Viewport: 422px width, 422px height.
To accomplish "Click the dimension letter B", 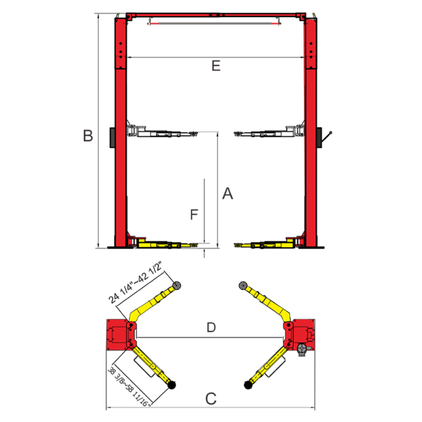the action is [x=88, y=136].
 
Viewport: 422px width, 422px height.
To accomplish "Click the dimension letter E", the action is [x=216, y=66].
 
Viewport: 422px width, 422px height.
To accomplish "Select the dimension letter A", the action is [x=228, y=193].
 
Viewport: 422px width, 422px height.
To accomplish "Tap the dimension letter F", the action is [x=194, y=215].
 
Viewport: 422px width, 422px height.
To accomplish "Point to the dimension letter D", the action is [x=211, y=327].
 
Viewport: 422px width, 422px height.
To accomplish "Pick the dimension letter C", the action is [x=211, y=399].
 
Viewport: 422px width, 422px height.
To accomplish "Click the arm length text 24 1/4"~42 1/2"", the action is [x=135, y=283].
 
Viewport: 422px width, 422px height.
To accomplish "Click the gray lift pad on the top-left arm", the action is [x=177, y=286].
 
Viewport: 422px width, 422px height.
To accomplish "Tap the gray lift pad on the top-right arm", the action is [x=243, y=286].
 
